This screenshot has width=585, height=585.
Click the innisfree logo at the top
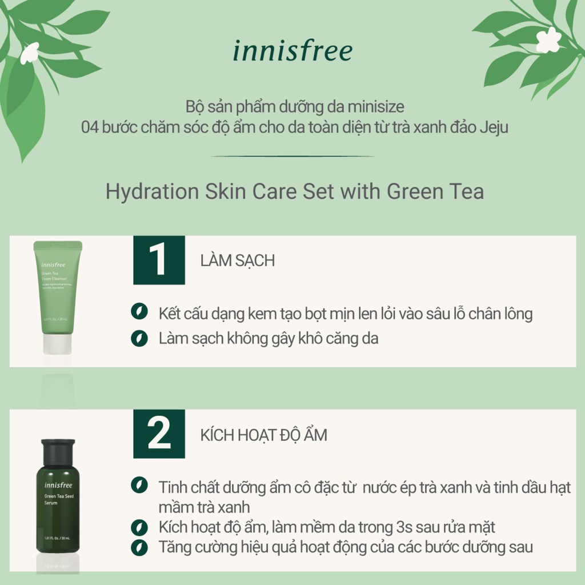[292, 51]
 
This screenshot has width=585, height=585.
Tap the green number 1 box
[159, 260]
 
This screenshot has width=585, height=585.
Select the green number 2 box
[159, 434]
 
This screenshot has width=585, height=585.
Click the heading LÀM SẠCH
[238, 261]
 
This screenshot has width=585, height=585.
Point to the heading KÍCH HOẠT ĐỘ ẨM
[264, 435]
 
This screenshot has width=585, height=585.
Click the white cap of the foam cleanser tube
[57, 343]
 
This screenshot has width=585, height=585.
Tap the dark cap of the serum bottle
[58, 451]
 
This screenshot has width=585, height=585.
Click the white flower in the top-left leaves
[30, 53]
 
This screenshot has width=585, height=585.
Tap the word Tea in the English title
[466, 191]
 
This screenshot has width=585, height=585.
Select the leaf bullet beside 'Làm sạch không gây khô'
[138, 338]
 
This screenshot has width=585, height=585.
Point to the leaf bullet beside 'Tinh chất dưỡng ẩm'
[138, 486]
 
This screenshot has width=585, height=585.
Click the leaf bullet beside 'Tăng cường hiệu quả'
[138, 547]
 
